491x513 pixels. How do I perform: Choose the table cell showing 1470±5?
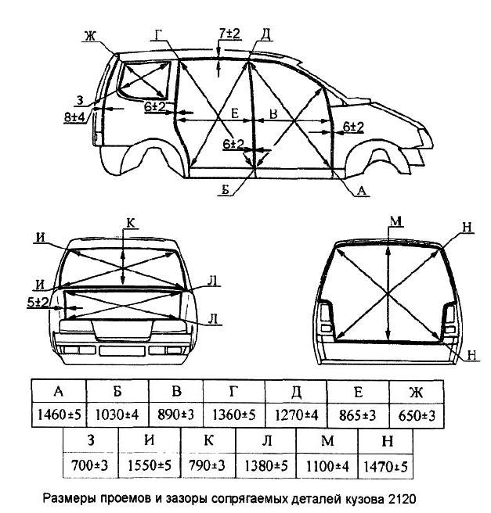click(x=385, y=466)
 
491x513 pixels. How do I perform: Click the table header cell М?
click(x=327, y=443)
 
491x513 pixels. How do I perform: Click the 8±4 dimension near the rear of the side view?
click(x=75, y=117)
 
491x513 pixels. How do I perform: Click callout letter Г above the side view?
click(x=160, y=34)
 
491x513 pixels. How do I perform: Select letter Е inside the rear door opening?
click(x=235, y=114)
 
